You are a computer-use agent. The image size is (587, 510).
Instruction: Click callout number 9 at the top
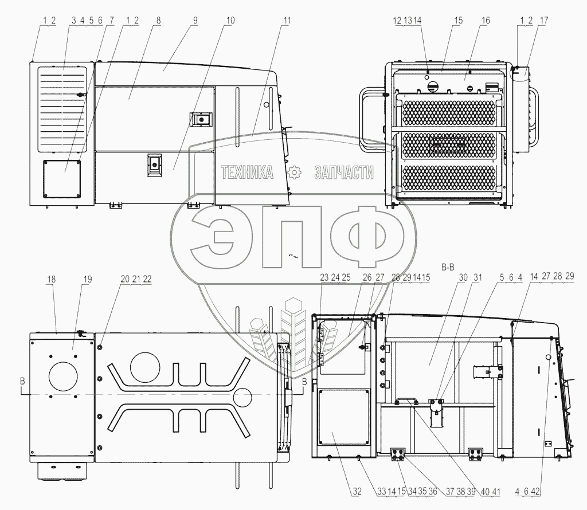(195, 20)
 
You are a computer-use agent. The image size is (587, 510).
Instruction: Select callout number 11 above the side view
(287, 20)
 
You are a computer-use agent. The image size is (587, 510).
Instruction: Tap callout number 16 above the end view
(486, 20)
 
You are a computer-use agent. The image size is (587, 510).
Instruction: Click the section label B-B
(448, 266)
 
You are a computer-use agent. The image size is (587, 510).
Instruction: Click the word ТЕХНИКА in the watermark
(247, 171)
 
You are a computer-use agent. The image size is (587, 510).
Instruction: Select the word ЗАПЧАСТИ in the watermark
(343, 171)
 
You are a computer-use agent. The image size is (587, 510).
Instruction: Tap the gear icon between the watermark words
(294, 171)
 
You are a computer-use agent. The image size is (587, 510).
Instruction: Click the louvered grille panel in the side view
(62, 108)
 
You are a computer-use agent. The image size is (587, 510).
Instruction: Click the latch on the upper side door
(201, 119)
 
